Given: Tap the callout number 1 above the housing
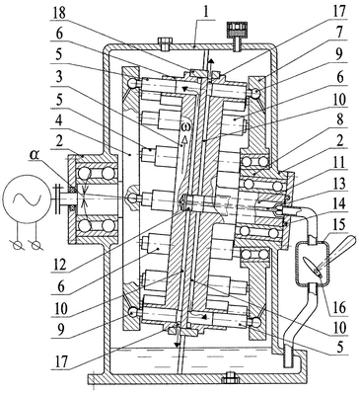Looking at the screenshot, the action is point(205,12).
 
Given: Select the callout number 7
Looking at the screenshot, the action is point(340,32).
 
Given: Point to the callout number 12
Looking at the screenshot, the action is point(58,265).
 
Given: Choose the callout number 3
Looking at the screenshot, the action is point(58,78).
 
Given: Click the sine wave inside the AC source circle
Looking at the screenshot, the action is point(27,198).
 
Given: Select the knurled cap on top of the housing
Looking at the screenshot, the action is point(237,29).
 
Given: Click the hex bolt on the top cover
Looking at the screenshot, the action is point(164,42).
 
